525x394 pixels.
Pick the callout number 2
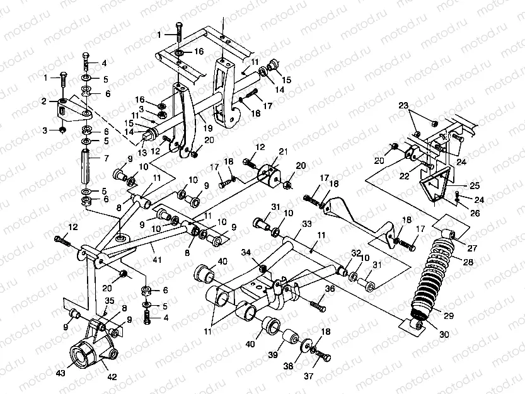[45, 101]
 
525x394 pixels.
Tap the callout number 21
[283, 151]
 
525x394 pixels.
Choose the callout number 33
[306, 224]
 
